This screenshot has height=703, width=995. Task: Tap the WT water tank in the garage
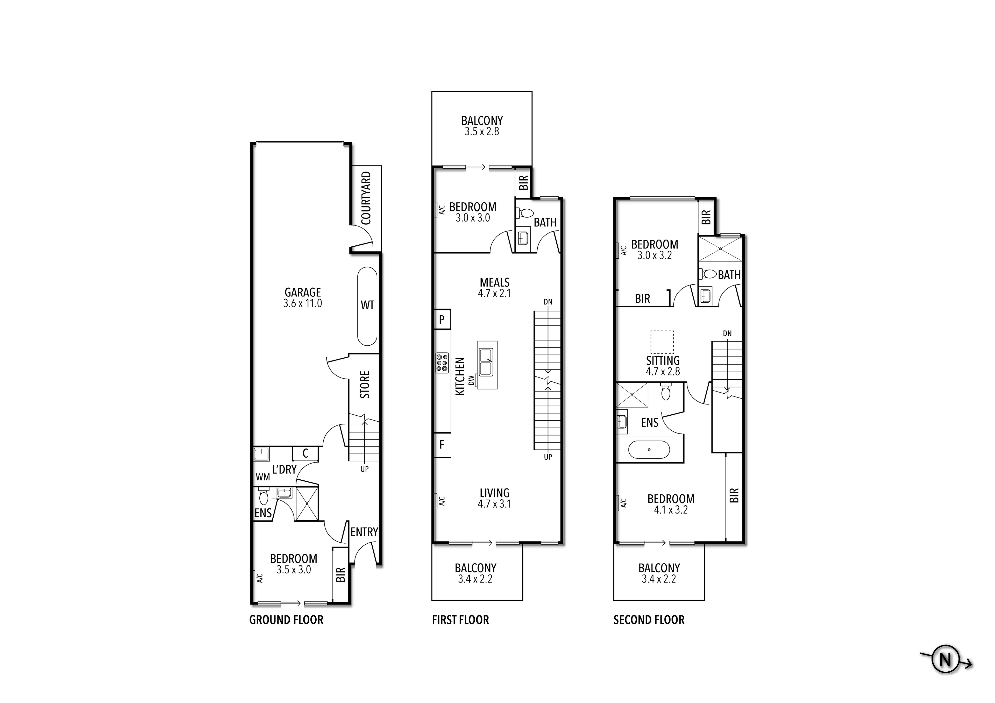pyautogui.click(x=367, y=306)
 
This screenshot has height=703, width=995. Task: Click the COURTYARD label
pyautogui.click(x=366, y=198)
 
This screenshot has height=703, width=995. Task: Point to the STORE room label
pyautogui.click(x=365, y=385)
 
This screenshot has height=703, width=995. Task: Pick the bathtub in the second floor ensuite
pyautogui.click(x=649, y=450)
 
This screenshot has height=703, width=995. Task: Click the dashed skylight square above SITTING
pyautogui.click(x=662, y=342)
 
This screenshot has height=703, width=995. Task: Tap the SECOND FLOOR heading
pyautogui.click(x=649, y=620)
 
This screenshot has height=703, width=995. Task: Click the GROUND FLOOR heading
pyautogui.click(x=286, y=620)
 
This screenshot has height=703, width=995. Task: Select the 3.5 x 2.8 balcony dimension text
pyautogui.click(x=481, y=132)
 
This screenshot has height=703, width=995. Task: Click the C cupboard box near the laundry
pyautogui.click(x=305, y=454)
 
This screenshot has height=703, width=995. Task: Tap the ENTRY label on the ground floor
pyautogui.click(x=364, y=532)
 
